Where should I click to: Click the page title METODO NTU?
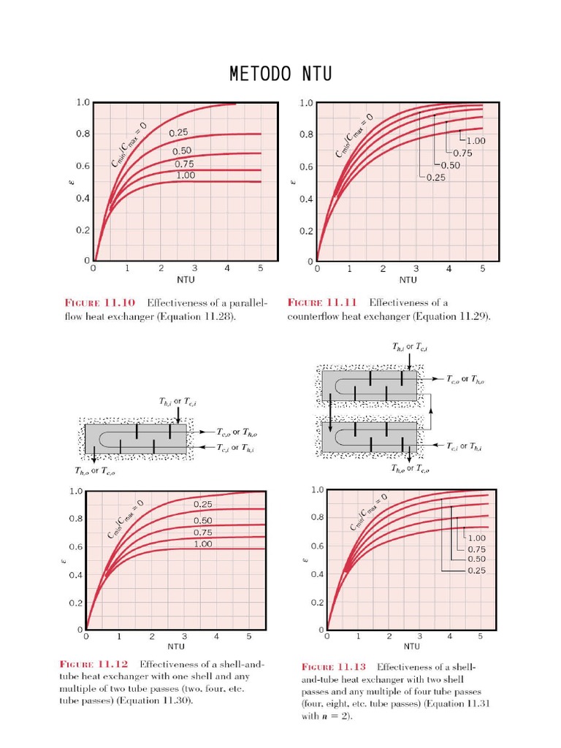(280, 74)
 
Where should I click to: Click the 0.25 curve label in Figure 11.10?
(179, 133)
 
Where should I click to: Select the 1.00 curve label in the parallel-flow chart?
(186, 176)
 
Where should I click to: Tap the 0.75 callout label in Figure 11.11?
(462, 153)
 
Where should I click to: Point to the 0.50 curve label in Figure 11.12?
(203, 520)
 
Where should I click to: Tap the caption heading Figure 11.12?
(93, 664)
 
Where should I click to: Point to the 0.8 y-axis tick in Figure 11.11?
(307, 134)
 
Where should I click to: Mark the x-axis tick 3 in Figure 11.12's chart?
(184, 637)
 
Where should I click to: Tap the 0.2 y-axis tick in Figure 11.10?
(83, 229)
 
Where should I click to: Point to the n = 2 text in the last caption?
(336, 717)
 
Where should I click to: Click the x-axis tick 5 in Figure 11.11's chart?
(482, 269)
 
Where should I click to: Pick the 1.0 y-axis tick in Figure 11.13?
(316, 490)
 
